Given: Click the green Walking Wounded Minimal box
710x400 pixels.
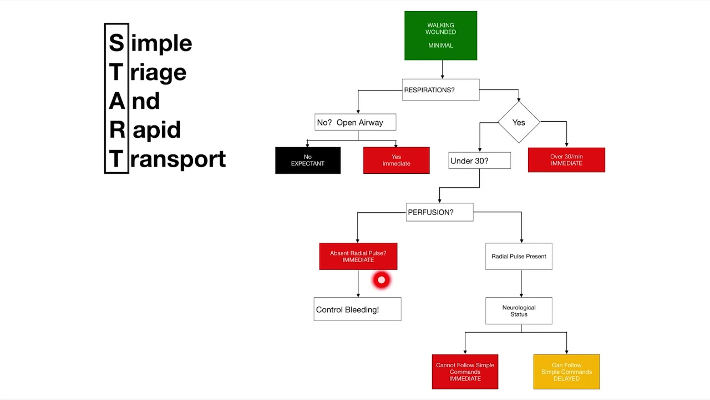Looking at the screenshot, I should click(440, 36).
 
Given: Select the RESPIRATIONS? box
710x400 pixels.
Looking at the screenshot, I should click(440, 90).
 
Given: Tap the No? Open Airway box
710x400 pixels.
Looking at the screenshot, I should click(355, 122).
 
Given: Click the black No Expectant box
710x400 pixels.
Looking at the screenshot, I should click(308, 161).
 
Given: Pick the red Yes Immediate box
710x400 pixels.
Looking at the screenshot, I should click(396, 161).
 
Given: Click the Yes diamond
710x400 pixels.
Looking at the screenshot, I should click(519, 122).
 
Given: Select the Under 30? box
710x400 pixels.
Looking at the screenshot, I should click(479, 161).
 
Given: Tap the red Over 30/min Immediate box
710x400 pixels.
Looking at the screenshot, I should click(566, 160).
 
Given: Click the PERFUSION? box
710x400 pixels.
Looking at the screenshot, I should click(439, 212).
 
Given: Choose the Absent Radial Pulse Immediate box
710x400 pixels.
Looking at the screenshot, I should click(358, 256).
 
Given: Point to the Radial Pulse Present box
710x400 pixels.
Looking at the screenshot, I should click(519, 256).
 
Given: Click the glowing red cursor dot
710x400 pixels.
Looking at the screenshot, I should click(381, 280).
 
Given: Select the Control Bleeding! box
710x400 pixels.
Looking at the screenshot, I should click(357, 309).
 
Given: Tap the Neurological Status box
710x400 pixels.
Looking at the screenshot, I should click(519, 311).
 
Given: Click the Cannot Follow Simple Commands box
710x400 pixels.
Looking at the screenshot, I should click(465, 372).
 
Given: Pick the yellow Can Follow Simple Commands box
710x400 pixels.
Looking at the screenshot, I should click(566, 372).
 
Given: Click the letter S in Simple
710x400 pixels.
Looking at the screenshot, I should click(116, 43).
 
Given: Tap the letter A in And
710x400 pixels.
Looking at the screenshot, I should click(116, 101).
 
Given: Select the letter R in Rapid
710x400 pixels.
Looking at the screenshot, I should click(116, 130).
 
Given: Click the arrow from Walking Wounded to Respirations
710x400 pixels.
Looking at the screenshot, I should click(442, 69).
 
